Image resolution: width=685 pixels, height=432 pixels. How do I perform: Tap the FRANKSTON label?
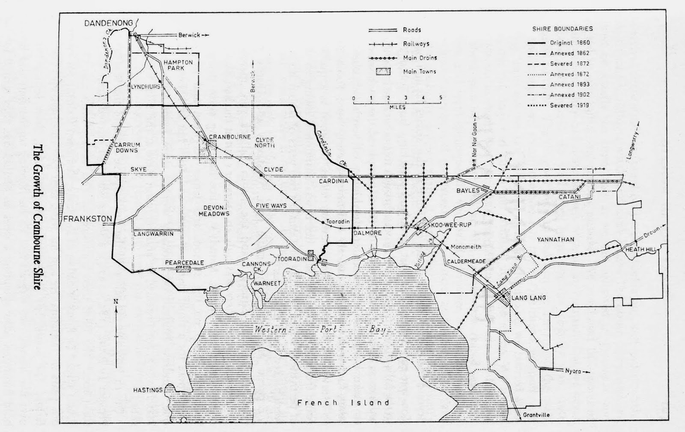point(88,219)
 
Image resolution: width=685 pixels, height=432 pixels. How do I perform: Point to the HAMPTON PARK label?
point(179,65)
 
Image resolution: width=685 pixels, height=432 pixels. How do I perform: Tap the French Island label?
point(343,402)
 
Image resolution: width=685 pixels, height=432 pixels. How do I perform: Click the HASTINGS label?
point(148,390)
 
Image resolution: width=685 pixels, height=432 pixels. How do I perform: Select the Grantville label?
point(536,415)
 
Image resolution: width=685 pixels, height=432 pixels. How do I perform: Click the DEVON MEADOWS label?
point(214,210)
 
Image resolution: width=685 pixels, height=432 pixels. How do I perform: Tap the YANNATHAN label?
point(556,240)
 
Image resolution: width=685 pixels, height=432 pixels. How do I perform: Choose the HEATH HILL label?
point(641,250)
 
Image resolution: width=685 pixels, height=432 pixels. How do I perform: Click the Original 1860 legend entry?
point(570,43)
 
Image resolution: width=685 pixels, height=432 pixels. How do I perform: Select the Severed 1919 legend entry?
point(569,105)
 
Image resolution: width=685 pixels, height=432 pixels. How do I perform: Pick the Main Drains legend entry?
point(420,58)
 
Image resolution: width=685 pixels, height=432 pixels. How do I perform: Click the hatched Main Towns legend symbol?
point(383,72)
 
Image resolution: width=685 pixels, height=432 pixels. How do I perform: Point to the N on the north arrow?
point(116,301)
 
